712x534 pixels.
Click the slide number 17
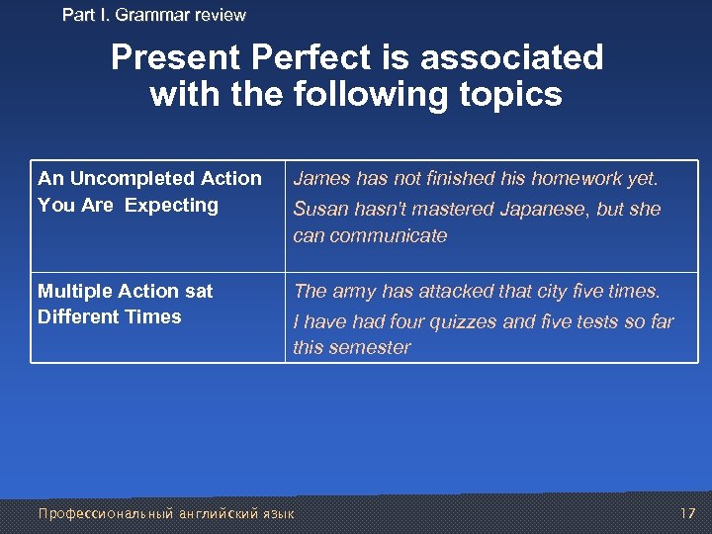tap(688, 513)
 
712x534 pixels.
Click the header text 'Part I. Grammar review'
tap(153, 15)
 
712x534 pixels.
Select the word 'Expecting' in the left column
tap(171, 206)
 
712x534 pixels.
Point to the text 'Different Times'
tap(110, 317)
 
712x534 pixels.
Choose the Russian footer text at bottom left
tap(165, 513)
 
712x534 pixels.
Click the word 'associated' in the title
tap(511, 57)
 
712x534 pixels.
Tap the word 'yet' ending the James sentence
tap(644, 179)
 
